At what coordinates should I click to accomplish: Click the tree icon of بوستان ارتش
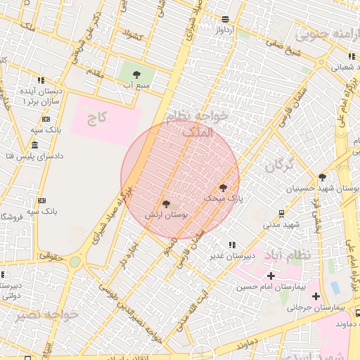pos(166,203)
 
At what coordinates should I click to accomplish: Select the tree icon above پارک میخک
pos(224,188)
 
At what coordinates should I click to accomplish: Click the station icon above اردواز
pos(225,20)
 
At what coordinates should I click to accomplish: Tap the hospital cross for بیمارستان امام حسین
pos(271,276)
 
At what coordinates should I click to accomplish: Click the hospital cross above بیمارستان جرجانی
pos(316,296)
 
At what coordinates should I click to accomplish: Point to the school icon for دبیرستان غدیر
pos(231,245)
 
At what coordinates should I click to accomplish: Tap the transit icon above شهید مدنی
pos(282,213)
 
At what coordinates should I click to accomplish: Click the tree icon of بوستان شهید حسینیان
pos(323,177)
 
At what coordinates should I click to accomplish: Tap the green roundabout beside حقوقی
pos(75,262)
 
